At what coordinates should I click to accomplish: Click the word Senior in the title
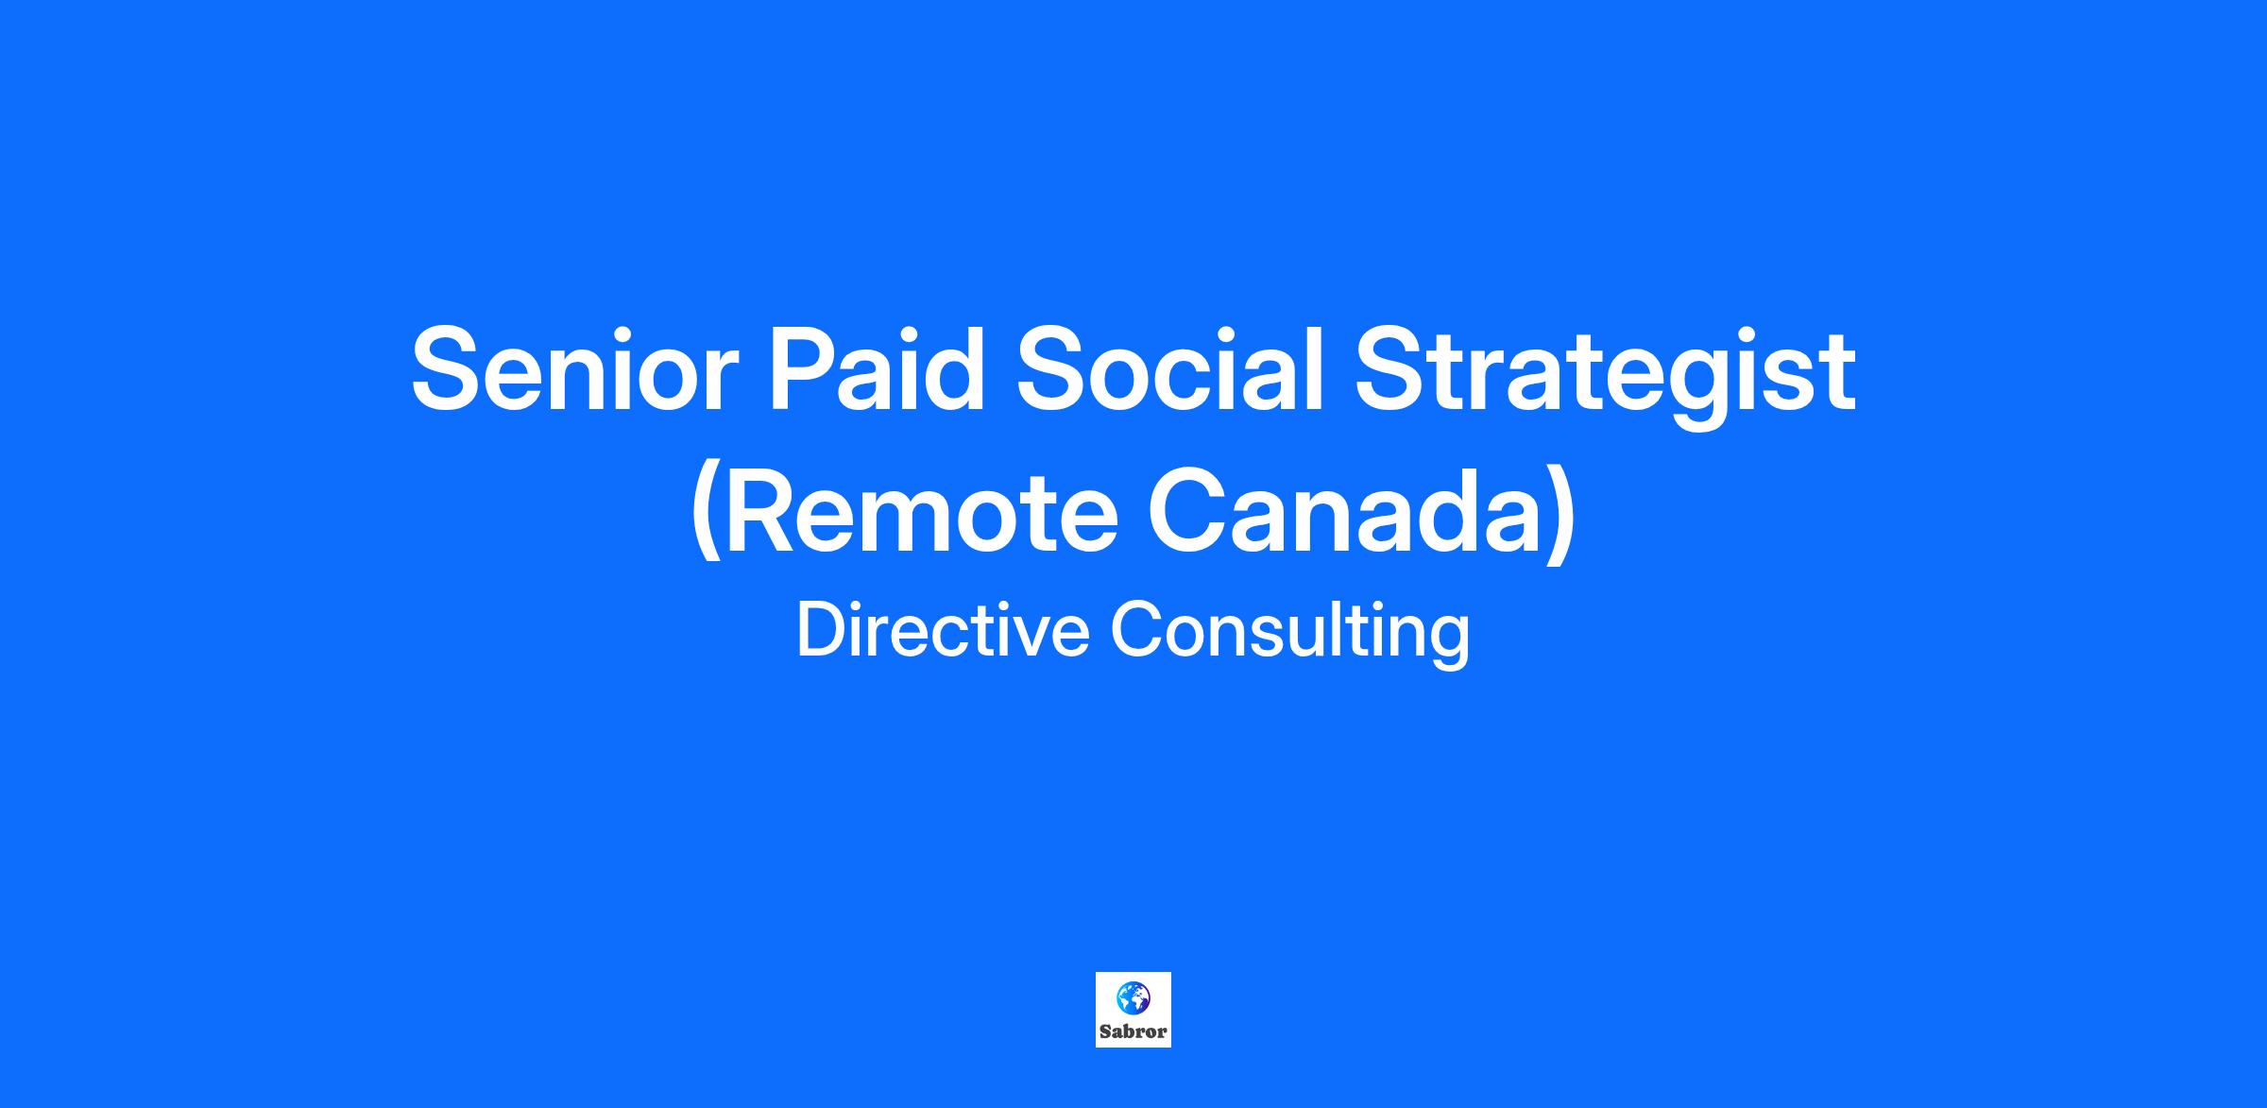574,369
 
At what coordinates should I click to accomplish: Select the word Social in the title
1168,369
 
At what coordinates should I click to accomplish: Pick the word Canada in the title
1350,511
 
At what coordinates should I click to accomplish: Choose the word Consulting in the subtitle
1290,634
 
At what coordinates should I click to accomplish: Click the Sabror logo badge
1133,1010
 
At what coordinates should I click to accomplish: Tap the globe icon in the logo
1133,997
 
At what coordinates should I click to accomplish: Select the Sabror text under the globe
1133,1031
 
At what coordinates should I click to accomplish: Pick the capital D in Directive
823,630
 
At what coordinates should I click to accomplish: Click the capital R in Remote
764,511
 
